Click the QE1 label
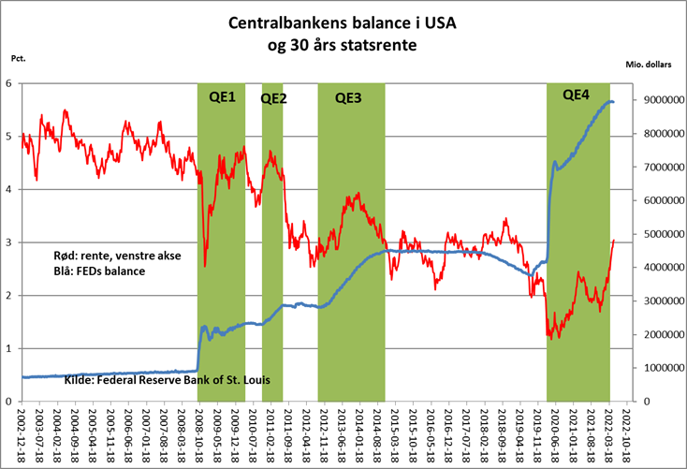coord(220,97)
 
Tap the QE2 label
coord(273,97)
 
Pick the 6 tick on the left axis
coord(10,83)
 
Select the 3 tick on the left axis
coord(10,242)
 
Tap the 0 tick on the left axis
coord(10,402)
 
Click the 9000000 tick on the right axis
coord(657,101)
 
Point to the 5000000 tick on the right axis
coord(657,234)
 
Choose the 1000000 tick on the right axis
coord(657,368)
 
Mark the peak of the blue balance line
coord(609,101)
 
